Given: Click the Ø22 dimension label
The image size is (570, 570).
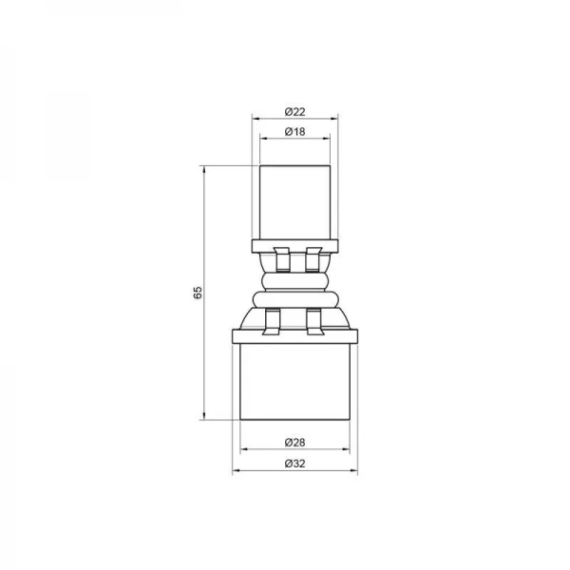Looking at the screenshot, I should pyautogui.click(x=294, y=111).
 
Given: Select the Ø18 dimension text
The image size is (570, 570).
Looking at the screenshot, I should pyautogui.click(x=294, y=131).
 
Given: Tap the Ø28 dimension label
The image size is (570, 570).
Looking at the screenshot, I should pyautogui.click(x=294, y=444).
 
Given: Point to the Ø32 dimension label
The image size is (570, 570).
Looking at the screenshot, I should pyautogui.click(x=294, y=464).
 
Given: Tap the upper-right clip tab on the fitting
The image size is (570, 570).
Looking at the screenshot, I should pyautogui.click(x=312, y=256).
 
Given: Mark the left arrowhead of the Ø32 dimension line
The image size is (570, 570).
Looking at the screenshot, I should pyautogui.click(x=236, y=472).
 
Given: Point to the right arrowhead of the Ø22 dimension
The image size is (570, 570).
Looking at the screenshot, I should pyautogui.click(x=335, y=120).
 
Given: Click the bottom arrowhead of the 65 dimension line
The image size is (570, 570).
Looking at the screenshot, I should pyautogui.click(x=204, y=417).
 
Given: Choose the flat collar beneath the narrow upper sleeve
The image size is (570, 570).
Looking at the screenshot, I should pyautogui.click(x=294, y=246).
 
